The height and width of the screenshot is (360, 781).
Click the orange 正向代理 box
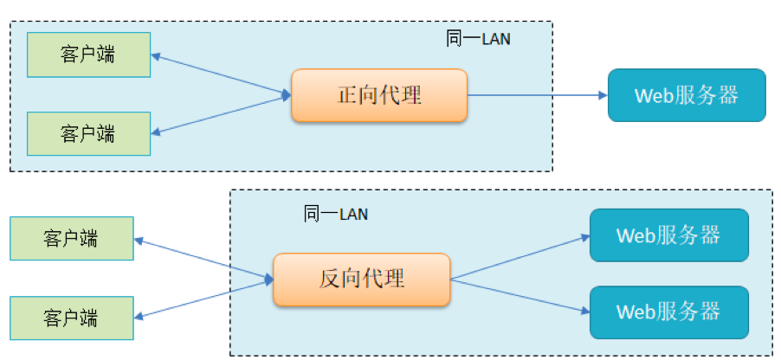tap(379, 94)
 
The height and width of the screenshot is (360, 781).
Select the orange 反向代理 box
tap(362, 279)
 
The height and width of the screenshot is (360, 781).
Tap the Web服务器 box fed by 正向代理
tap(687, 95)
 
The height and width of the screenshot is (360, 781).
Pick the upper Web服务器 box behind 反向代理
tap(668, 235)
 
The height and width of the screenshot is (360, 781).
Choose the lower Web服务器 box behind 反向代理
tap(668, 312)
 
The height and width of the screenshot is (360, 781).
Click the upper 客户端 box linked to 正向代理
tap(88, 55)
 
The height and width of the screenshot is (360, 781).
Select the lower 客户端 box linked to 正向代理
tap(88, 133)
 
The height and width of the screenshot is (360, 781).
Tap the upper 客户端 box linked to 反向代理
tap(71, 238)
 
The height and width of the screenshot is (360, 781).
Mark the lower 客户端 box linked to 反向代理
tap(71, 317)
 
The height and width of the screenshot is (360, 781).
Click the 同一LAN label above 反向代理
tap(336, 214)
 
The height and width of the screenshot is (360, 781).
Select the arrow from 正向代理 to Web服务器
tap(537, 95)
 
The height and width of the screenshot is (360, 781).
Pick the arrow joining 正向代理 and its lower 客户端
tap(222, 115)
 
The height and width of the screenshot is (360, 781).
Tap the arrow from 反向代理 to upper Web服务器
tap(520, 257)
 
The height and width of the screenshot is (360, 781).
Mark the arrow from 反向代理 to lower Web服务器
tap(520, 295)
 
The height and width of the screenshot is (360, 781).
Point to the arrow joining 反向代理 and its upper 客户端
tap(204, 260)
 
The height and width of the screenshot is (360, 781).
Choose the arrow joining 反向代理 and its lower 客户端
tap(204, 298)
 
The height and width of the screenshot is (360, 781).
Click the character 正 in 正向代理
tap(347, 94)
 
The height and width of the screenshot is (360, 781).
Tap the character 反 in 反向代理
tap(330, 279)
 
